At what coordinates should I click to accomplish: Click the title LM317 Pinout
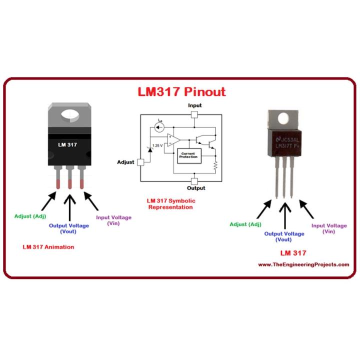pos(181,92)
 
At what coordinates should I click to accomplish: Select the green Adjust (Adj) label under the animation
pos(31,216)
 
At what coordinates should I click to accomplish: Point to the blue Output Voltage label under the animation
pos(69,228)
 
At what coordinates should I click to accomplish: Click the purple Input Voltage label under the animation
pos(113,220)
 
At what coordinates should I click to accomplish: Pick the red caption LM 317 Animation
pos(48,247)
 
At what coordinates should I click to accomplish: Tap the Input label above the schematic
pos(195,105)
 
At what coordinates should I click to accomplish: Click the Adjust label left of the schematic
pos(126,162)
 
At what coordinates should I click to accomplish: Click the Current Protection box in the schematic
pos(188,156)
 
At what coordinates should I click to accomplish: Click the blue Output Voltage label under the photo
pos(284,236)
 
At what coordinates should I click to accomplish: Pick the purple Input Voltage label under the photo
pos(328,228)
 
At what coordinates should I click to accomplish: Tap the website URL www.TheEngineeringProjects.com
pos(303,264)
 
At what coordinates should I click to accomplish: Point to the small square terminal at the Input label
pos(195,114)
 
